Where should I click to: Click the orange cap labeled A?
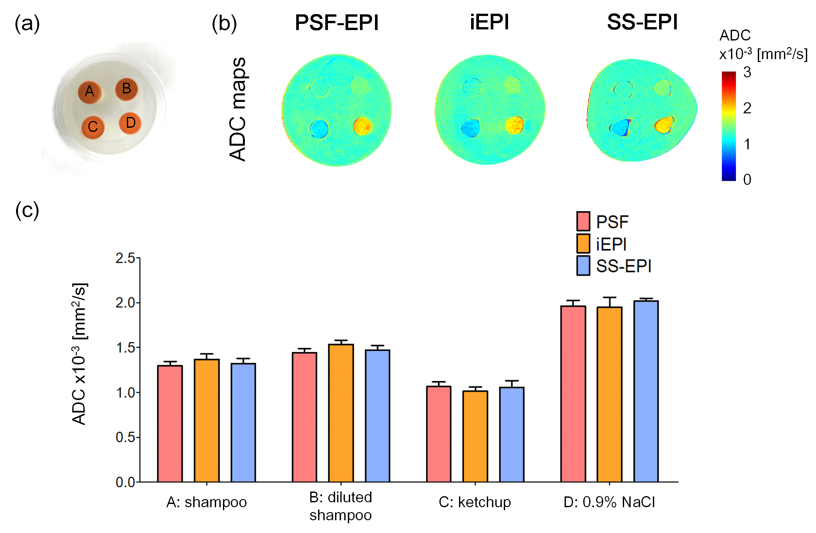coord(90,91)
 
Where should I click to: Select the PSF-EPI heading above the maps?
coord(336,23)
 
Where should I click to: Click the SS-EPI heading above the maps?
coord(642,23)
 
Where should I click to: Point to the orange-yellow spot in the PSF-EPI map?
coord(362,126)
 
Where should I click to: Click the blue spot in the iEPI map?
coord(471,128)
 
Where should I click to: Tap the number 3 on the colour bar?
coord(747,73)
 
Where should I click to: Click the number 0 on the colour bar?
coord(747,180)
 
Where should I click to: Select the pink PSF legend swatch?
coord(583,221)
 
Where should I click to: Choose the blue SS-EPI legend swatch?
coord(583,266)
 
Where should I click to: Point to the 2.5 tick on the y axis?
coord(126,258)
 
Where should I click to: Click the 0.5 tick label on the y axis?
coord(126,437)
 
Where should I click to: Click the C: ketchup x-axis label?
coord(475,503)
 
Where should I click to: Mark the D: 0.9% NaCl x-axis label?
coord(609,503)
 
